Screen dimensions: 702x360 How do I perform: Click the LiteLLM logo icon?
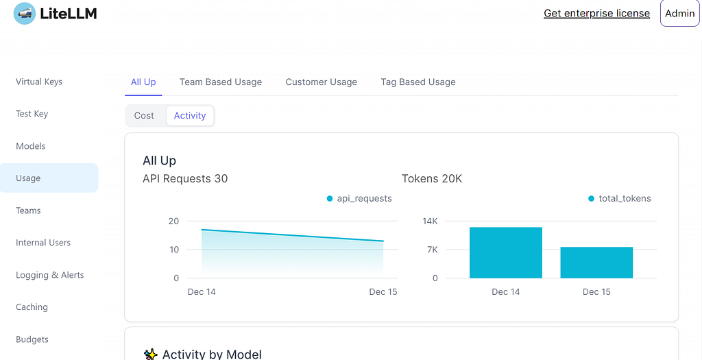point(25,14)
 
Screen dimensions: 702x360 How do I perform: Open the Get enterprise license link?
point(597,14)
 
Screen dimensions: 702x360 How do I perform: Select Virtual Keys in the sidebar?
point(39,82)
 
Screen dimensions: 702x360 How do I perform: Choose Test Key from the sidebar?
point(32,114)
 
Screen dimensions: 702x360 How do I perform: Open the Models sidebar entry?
point(30,146)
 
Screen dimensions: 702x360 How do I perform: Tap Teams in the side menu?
point(28,211)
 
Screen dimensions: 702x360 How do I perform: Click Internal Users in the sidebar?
point(43,243)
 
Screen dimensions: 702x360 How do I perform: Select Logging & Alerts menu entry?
point(49,275)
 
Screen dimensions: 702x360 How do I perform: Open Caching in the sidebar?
point(32,307)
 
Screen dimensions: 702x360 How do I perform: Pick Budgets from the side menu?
point(32,339)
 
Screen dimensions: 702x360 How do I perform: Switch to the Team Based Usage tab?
point(221,82)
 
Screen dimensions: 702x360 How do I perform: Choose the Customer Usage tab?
point(322,82)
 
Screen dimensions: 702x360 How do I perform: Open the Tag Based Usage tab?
point(418,82)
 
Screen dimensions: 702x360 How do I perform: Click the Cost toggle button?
point(144,115)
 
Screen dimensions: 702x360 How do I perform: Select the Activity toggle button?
point(190,115)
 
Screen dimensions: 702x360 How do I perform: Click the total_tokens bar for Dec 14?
point(506,252)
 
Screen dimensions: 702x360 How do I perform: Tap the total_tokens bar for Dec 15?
point(597,263)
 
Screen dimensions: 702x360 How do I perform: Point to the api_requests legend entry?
point(359,198)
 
